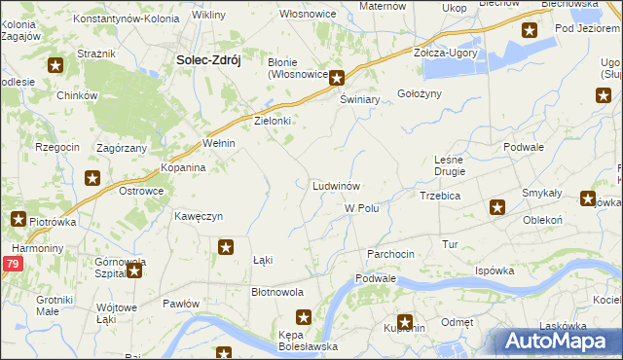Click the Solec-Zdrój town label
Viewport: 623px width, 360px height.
coord(207,59)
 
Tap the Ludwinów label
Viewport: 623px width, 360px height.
coord(337,185)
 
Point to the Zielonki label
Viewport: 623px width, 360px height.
coord(273,121)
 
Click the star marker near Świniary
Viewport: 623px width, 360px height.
coord(336,79)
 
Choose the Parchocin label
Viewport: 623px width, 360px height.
coord(390,253)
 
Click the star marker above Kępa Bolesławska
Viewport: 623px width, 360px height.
coord(303,317)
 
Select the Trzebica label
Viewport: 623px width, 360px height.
coord(439,196)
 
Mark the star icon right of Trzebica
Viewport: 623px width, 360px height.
coord(497,206)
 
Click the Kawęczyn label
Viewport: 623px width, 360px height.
coord(200,215)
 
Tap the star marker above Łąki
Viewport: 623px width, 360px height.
coord(226,247)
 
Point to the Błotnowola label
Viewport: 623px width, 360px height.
coord(277,292)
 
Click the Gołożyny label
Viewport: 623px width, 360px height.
coord(420,93)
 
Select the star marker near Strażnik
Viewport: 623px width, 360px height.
coord(55,66)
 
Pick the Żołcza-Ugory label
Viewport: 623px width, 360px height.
coord(445,53)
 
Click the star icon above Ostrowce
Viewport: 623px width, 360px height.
coord(92,177)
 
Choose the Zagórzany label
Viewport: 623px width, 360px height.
coord(122,148)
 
